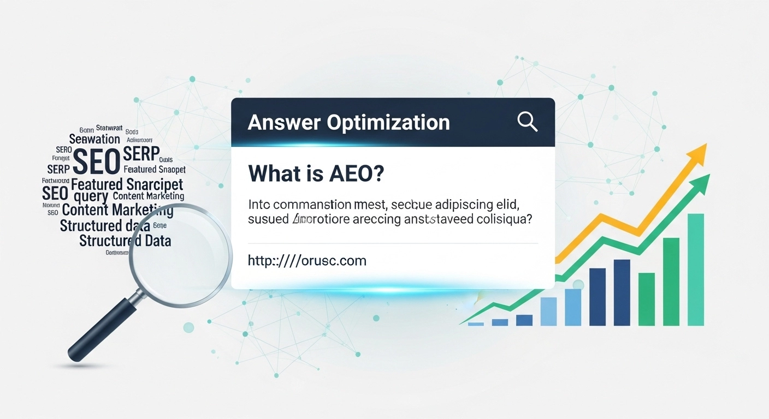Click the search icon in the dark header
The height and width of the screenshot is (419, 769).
tap(527, 122)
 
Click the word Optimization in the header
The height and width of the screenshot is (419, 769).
tap(388, 122)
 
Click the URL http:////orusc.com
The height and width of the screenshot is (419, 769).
tap(307, 260)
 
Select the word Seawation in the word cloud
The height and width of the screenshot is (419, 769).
tap(94, 139)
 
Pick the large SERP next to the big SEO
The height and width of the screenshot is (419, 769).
tap(141, 153)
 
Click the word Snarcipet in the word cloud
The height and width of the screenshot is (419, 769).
tap(155, 184)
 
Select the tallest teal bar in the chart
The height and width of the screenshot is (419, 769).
tap(695, 270)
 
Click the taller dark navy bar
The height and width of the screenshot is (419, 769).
tap(622, 292)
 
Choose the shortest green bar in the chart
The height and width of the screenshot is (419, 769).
tap(647, 298)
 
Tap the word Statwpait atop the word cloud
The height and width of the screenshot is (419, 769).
tap(110, 128)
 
